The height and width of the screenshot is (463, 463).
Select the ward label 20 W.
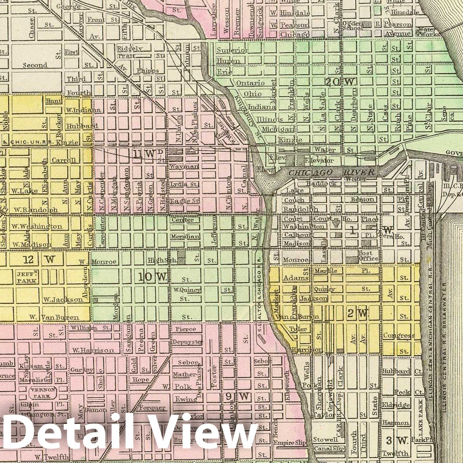(340, 82)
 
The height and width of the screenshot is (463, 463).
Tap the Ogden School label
(352, 26)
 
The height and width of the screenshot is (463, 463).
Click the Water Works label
(427, 32)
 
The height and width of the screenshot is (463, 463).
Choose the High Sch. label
(162, 260)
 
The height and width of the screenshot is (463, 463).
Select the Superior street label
(232, 50)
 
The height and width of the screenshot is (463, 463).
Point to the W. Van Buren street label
(54, 317)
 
